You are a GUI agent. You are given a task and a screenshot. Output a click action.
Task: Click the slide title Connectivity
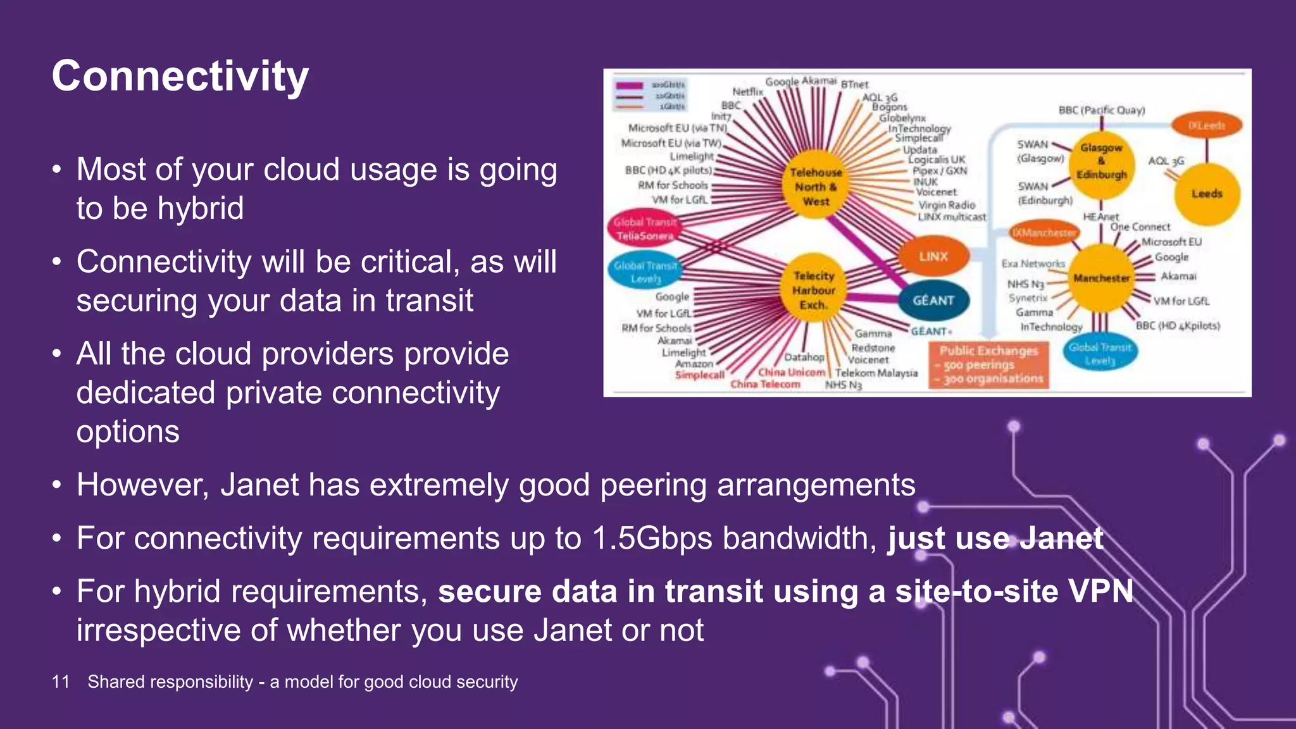pyautogui.click(x=180, y=77)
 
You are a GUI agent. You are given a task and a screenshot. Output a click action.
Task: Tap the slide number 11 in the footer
pyautogui.click(x=61, y=682)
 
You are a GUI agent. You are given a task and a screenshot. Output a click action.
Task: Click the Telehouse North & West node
pyautogui.click(x=816, y=187)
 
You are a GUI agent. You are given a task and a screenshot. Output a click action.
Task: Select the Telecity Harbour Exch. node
pyautogui.click(x=814, y=290)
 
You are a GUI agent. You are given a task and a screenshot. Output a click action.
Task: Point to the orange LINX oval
pyautogui.click(x=933, y=256)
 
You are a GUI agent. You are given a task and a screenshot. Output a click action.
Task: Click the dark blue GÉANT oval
pyautogui.click(x=933, y=301)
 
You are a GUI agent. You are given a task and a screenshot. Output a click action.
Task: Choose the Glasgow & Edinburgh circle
pyautogui.click(x=1102, y=161)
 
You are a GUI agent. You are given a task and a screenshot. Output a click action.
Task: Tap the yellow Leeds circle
pyautogui.click(x=1207, y=194)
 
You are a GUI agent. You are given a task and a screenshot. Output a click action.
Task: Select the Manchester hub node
pyautogui.click(x=1101, y=278)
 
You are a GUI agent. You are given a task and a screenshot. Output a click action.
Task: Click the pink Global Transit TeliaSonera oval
pyautogui.click(x=645, y=228)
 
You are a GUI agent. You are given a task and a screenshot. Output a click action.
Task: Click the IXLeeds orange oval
pyautogui.click(x=1206, y=125)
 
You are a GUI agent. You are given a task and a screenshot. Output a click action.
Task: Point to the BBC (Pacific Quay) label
pyautogui.click(x=1102, y=110)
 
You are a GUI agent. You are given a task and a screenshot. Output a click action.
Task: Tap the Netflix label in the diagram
pyautogui.click(x=747, y=92)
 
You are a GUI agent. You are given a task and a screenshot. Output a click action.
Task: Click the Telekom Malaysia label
pyautogui.click(x=876, y=373)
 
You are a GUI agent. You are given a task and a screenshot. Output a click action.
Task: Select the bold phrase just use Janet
pyautogui.click(x=995, y=539)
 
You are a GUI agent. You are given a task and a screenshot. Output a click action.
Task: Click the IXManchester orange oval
pyautogui.click(x=1044, y=233)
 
